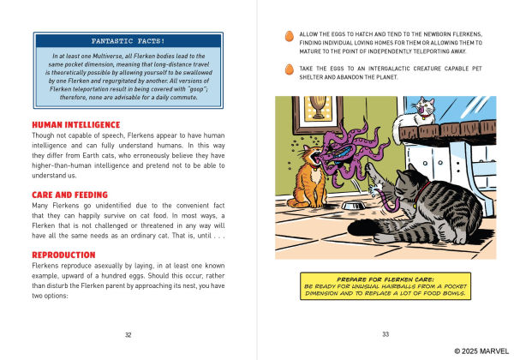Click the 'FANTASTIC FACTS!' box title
pos(128,40)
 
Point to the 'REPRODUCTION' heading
pos(63,255)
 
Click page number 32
pos(128,334)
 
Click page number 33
pos(385,334)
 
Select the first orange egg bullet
pos(288,37)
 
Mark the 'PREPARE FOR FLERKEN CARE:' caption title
pos(385,279)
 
